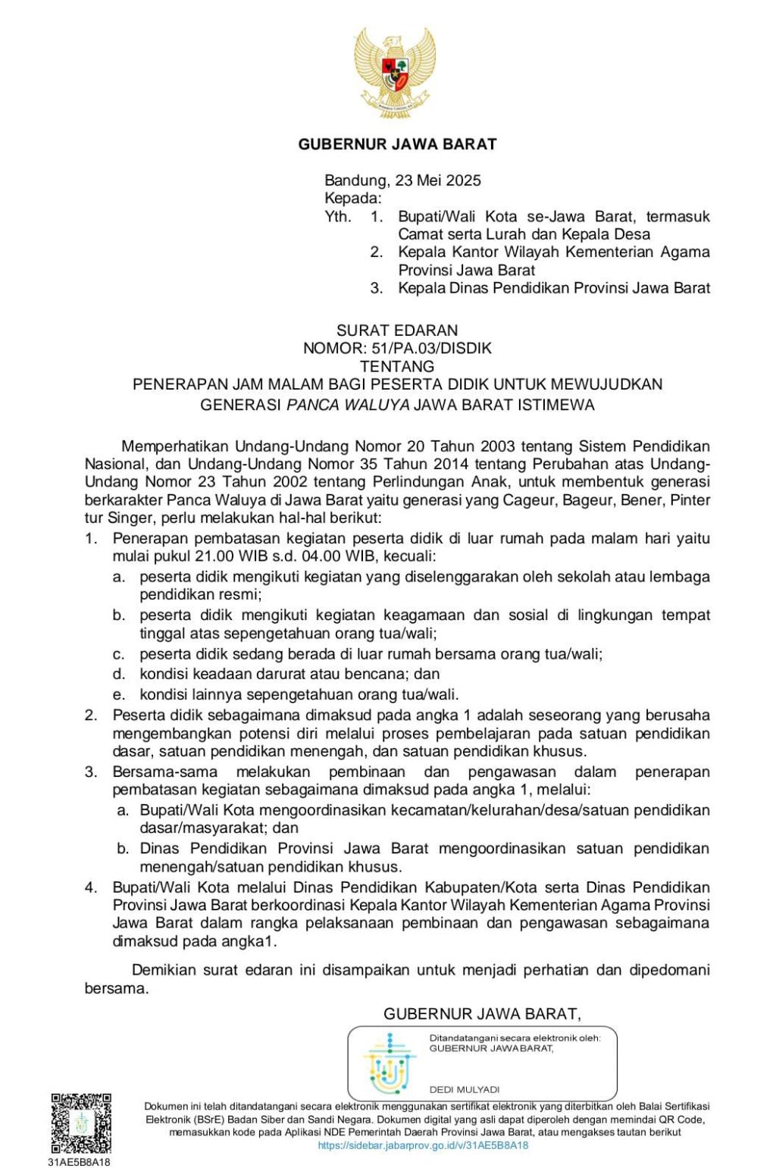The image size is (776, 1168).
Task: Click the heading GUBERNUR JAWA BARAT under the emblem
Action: click(x=397, y=144)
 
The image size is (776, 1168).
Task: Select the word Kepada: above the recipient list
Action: click(x=352, y=199)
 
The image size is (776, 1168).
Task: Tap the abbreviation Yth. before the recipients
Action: click(x=338, y=217)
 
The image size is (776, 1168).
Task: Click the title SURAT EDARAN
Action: click(x=397, y=330)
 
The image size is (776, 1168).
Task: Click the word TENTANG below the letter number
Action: click(x=397, y=366)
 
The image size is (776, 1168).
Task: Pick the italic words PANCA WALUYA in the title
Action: click(x=349, y=405)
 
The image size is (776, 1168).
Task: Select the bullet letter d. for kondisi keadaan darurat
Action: click(x=119, y=674)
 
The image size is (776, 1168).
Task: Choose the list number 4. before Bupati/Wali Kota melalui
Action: click(x=91, y=887)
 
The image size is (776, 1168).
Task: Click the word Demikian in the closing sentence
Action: click(x=164, y=969)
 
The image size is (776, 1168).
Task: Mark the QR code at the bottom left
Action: click(x=81, y=1123)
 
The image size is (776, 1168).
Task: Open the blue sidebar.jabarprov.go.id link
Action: click(x=423, y=1146)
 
